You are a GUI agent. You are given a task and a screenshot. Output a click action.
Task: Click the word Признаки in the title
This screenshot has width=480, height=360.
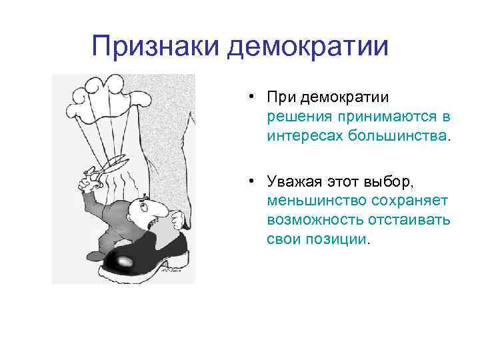(x=155, y=47)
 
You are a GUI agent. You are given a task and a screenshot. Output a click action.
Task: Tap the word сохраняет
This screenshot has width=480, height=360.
(x=407, y=200)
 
